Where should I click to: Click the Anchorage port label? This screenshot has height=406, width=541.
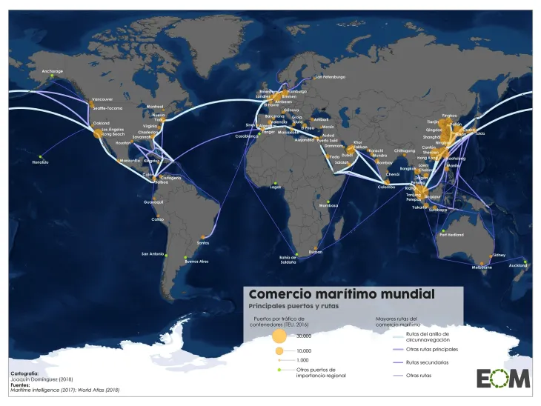(x=52, y=71)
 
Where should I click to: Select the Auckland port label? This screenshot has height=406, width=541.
(x=517, y=266)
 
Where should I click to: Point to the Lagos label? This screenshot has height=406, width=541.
(x=276, y=187)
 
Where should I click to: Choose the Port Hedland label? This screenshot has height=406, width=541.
(x=451, y=235)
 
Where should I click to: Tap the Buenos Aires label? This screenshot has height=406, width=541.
(x=196, y=262)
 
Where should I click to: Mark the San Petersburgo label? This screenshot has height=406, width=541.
(x=330, y=77)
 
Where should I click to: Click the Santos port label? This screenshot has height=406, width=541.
(x=202, y=242)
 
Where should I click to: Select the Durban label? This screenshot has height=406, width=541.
(x=315, y=252)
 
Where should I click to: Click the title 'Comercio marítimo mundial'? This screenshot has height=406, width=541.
(x=342, y=294)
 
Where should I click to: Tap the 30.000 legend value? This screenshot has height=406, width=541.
(x=305, y=336)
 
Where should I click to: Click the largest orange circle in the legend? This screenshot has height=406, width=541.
(x=279, y=335)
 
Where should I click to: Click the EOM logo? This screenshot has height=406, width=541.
(x=503, y=377)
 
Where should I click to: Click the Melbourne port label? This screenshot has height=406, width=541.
(x=482, y=267)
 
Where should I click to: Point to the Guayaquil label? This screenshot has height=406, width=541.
(x=153, y=202)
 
